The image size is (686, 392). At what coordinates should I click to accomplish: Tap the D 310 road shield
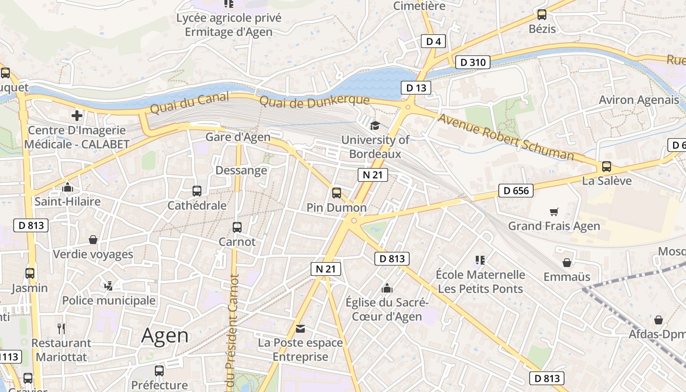tap(472, 62)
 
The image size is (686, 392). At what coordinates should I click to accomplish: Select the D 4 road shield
tap(433, 42)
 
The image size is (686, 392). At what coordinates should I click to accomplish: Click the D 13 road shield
tap(416, 88)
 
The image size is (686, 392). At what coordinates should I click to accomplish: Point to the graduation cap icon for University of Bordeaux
tap(375, 125)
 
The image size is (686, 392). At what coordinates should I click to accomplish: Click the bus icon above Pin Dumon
tap(336, 193)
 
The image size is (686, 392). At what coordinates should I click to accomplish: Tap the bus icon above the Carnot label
tap(237, 227)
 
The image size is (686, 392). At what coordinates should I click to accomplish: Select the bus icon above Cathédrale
tap(197, 191)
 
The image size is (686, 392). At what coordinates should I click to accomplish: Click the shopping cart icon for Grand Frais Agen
tap(554, 212)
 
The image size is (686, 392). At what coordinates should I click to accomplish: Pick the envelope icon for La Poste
tap(300, 328)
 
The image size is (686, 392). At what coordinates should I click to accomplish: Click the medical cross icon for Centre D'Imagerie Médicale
tap(76, 116)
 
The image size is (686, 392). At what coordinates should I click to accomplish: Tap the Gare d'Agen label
tap(238, 137)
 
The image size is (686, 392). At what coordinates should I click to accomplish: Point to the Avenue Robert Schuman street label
tap(506, 137)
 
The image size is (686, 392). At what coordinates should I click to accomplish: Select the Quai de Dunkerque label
tap(314, 102)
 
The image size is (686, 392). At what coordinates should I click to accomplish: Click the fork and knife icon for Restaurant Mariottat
tap(61, 328)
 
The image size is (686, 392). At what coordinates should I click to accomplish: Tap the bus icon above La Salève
tap(606, 167)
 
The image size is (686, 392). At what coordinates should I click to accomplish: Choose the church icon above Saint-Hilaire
tap(68, 187)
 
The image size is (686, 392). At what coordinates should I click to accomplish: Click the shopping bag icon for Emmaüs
tap(566, 263)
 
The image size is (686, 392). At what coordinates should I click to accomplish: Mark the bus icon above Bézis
tap(541, 15)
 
